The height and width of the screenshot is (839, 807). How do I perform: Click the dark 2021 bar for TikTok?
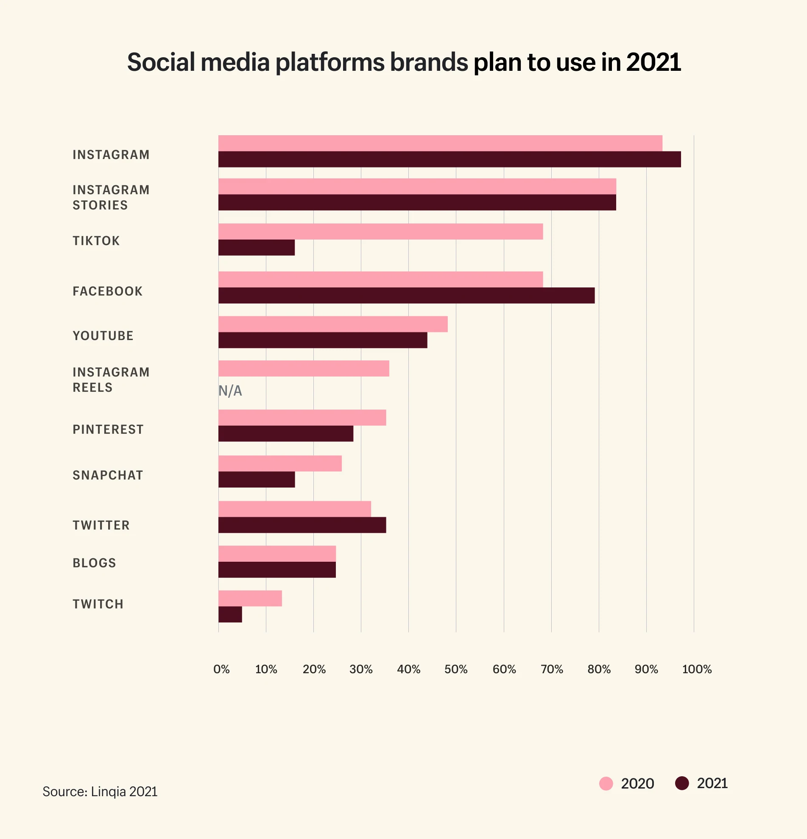[x=257, y=248]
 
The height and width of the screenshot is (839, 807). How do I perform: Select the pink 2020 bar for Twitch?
[x=250, y=598]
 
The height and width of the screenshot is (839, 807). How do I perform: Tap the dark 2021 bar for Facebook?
[x=406, y=295]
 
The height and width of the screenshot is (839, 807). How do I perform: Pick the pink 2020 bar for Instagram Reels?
[x=304, y=368]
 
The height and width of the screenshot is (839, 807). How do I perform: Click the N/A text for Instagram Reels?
[x=230, y=390]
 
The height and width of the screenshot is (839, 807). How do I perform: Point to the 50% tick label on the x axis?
[x=456, y=669]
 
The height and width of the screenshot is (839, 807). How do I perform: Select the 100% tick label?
[x=697, y=669]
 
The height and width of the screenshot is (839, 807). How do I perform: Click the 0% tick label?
[x=221, y=669]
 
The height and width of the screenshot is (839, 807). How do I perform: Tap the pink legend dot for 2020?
[x=606, y=783]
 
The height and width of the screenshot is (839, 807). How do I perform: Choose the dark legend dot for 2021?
[x=681, y=783]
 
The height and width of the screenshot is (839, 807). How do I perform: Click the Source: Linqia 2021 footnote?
[x=100, y=792]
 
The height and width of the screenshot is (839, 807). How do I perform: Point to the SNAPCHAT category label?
[x=108, y=475]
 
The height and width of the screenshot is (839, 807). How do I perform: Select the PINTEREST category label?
[x=108, y=429]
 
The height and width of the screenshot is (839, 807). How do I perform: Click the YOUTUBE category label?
[x=103, y=336]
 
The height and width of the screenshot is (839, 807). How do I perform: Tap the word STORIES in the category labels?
[x=100, y=205]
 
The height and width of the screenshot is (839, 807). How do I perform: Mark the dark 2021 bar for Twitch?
[x=230, y=614]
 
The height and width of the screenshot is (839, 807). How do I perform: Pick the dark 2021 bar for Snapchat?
[x=257, y=479]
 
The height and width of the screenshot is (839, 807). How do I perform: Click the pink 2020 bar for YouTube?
[x=332, y=324]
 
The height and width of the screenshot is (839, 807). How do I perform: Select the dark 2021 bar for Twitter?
[x=302, y=525]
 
